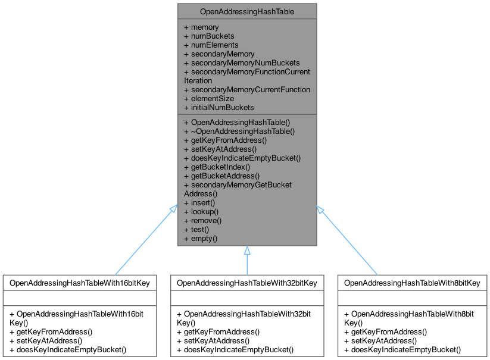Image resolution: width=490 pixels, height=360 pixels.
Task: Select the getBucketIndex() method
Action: tap(218, 167)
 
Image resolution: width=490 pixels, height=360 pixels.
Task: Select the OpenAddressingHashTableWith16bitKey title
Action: tap(80, 283)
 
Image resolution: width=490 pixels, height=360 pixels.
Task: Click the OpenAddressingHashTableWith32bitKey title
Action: tap(247, 283)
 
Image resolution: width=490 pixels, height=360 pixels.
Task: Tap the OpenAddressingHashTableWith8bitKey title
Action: tap(412, 283)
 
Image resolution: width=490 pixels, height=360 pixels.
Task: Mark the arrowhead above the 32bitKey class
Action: tap(247, 251)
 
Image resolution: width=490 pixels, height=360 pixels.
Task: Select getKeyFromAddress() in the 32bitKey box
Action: tap(221, 331)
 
